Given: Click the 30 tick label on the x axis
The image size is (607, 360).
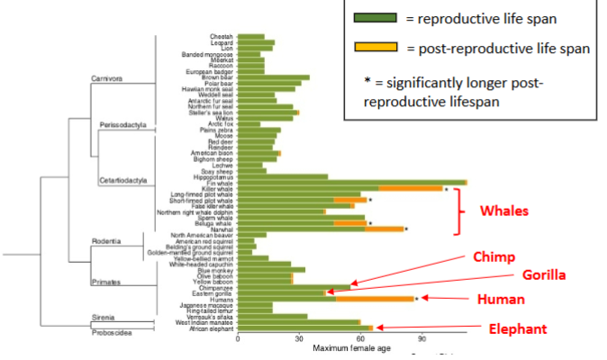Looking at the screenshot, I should point(299,340).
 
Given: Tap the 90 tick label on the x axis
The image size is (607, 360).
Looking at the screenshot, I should point(422,340).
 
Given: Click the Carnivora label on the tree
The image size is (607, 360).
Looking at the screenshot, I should point(108,77).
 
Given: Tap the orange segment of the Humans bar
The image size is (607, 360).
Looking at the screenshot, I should point(375,298).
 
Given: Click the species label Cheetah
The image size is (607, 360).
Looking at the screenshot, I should point(222,37).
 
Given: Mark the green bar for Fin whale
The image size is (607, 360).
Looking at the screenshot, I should point(351,183).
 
